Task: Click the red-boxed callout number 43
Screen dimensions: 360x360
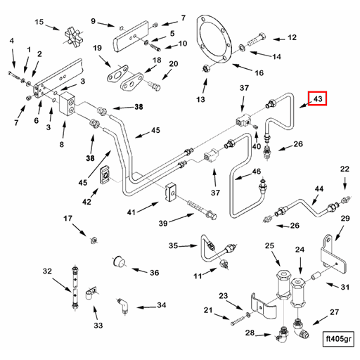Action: coord(317,98)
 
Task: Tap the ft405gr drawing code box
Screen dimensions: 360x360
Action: coord(338,339)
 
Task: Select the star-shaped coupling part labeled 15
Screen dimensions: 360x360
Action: coord(72,36)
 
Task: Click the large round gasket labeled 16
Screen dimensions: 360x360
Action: coord(214,41)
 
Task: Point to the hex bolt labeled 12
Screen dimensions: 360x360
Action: coord(257,40)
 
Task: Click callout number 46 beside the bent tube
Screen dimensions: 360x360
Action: coord(257,172)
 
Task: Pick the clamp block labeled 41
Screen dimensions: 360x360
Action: coord(171,192)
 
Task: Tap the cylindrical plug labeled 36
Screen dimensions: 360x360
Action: coord(119,262)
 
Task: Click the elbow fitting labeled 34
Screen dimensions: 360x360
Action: coord(123,306)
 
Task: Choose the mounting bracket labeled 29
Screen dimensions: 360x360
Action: coord(333,255)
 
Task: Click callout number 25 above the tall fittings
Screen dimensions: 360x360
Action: coord(269,245)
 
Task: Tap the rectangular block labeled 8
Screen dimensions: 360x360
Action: coord(67,104)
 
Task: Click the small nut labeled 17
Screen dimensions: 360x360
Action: coord(94,240)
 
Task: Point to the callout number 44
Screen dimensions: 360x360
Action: coord(319,188)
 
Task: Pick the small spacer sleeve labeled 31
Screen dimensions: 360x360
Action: coord(316,275)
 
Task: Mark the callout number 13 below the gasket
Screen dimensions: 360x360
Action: coord(200,99)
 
